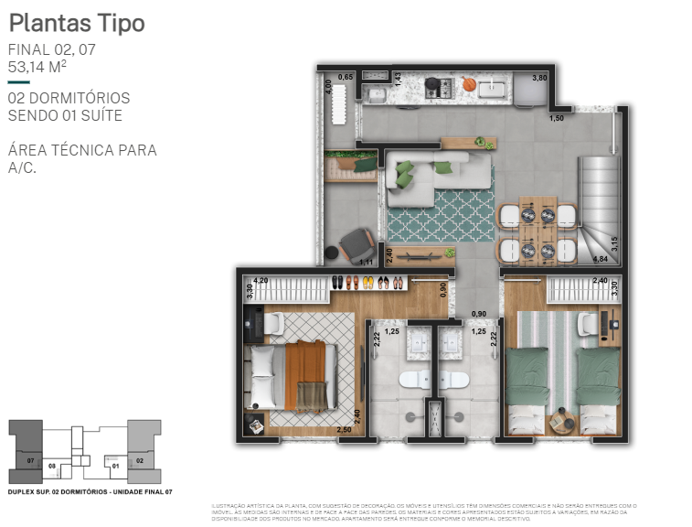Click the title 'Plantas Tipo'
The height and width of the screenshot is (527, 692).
pos(76,23)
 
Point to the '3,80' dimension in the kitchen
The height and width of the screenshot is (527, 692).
pos(539,79)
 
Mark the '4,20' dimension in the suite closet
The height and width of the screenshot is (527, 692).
pos(261,281)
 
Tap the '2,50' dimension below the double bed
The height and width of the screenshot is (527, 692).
pos(345,429)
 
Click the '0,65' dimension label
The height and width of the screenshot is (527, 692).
pos(346,78)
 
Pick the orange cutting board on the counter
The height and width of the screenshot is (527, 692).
pos(468,84)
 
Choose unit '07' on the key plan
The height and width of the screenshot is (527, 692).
pos(30,460)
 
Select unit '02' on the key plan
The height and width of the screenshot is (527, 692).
pos(140,461)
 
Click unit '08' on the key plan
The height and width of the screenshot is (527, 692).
pos(52,466)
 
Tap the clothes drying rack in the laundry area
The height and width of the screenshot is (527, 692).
pos(337,99)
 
